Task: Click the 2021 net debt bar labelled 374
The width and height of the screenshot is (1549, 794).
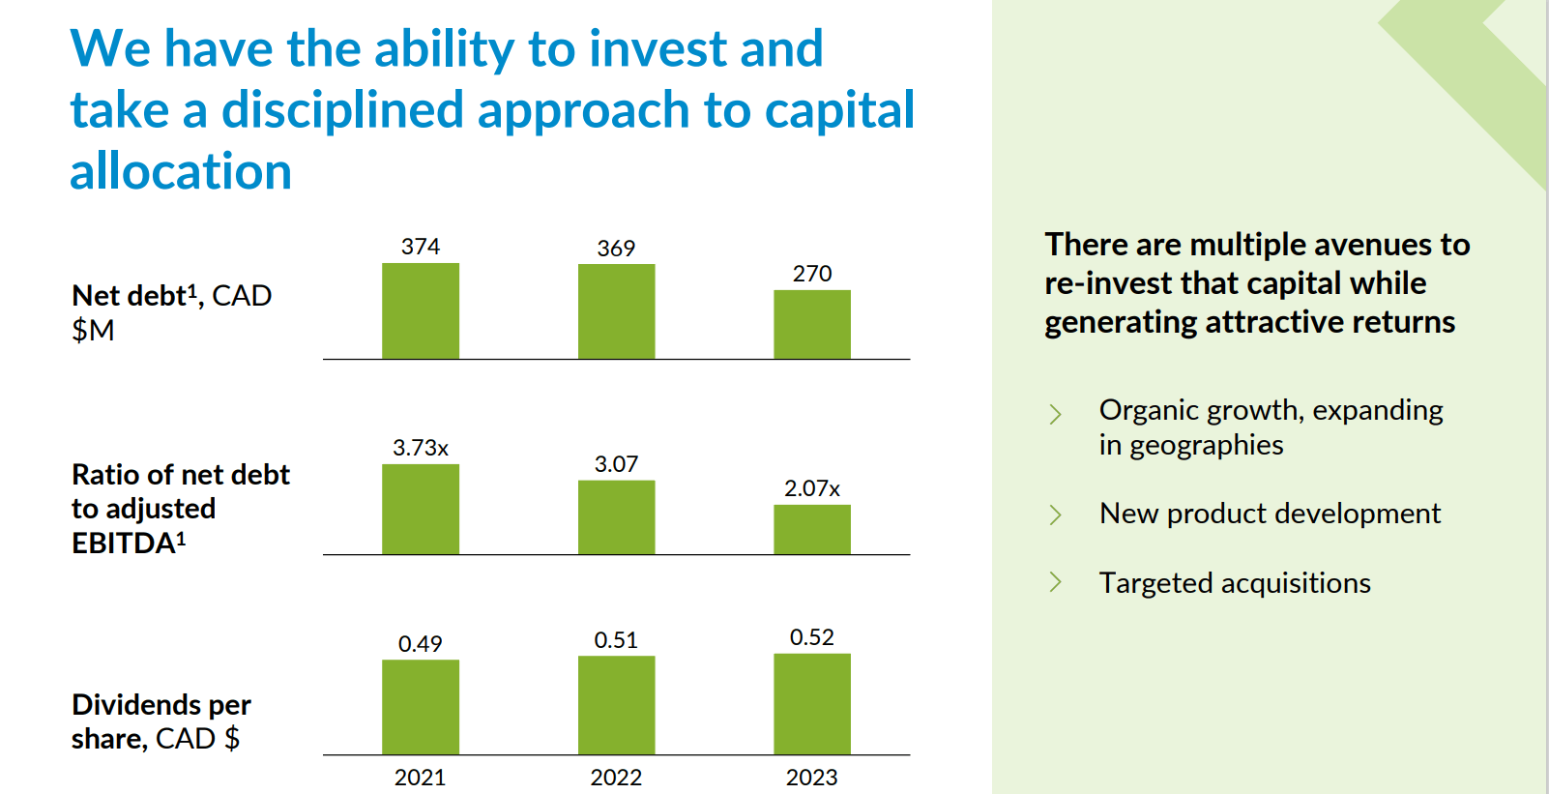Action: click(x=420, y=311)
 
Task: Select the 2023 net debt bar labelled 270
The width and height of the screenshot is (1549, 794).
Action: click(x=811, y=325)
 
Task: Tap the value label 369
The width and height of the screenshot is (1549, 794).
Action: click(x=616, y=249)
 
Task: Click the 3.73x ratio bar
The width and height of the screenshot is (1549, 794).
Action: click(x=420, y=510)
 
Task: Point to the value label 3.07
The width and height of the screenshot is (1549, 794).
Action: click(x=616, y=464)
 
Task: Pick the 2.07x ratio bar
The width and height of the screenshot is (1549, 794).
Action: click(x=811, y=529)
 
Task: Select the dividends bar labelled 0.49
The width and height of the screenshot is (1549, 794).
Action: click(x=420, y=707)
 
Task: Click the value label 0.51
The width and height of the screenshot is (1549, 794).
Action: click(x=616, y=640)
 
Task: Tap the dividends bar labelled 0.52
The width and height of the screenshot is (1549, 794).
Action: click(x=811, y=704)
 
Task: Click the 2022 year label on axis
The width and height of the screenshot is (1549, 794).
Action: click(x=616, y=778)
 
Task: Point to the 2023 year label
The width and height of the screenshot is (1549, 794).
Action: click(x=811, y=778)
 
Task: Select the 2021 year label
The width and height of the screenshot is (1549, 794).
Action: click(x=420, y=778)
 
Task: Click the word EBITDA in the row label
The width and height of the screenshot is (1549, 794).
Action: click(x=124, y=544)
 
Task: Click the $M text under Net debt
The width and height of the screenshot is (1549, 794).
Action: click(x=93, y=331)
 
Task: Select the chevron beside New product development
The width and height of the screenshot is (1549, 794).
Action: click(x=1055, y=515)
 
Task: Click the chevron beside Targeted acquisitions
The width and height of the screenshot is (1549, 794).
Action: click(x=1055, y=582)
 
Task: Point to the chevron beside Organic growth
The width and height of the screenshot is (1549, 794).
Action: click(x=1055, y=414)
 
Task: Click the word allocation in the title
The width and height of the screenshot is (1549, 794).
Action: click(x=181, y=172)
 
